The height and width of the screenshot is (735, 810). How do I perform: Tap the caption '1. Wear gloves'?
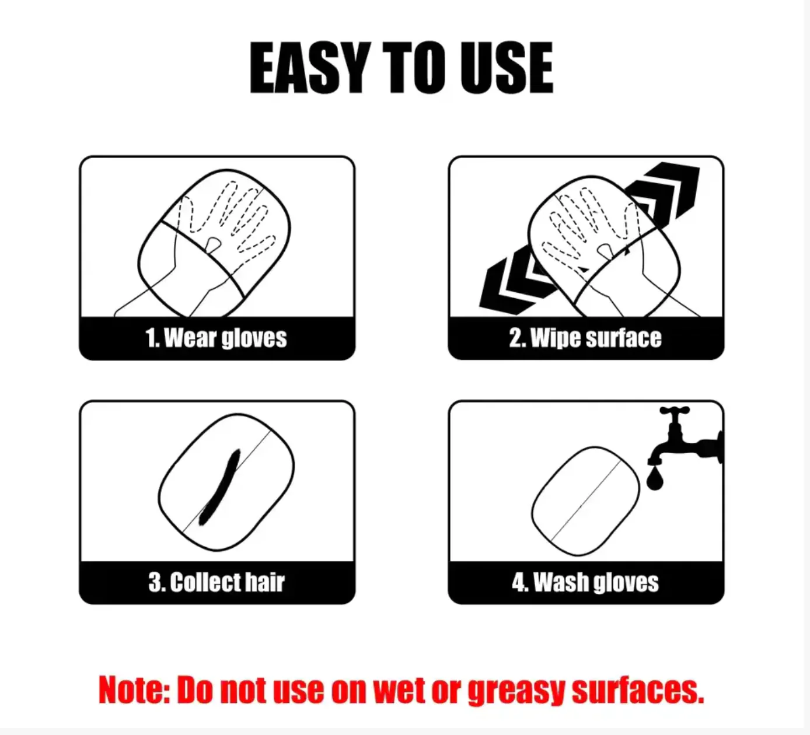click(x=216, y=338)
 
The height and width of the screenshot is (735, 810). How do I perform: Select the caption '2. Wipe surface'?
click(x=585, y=338)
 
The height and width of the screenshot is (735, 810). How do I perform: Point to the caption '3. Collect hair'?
click(x=217, y=582)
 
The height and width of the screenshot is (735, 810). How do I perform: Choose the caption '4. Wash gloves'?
click(x=585, y=582)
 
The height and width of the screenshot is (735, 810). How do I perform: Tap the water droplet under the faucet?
click(x=655, y=479)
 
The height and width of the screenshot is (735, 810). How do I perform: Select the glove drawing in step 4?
click(x=585, y=501)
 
